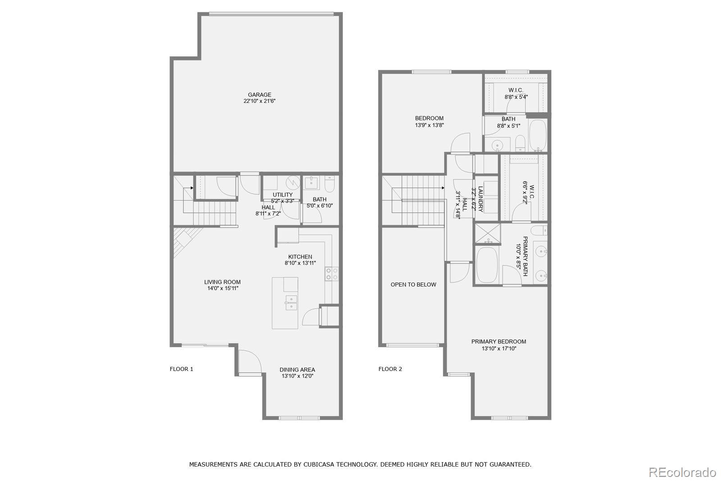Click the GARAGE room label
(260, 95)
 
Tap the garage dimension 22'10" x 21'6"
(260, 102)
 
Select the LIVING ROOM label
(222, 282)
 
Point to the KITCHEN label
(300, 257)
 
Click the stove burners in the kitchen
(332, 274)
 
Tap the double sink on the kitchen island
(291, 302)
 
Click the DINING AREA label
(297, 370)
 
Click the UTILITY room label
(283, 195)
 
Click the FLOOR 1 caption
(181, 369)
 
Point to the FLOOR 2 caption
(390, 369)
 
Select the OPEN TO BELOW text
(413, 285)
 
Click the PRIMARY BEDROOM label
(498, 342)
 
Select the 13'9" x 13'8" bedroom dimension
(429, 125)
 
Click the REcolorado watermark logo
(682, 472)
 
